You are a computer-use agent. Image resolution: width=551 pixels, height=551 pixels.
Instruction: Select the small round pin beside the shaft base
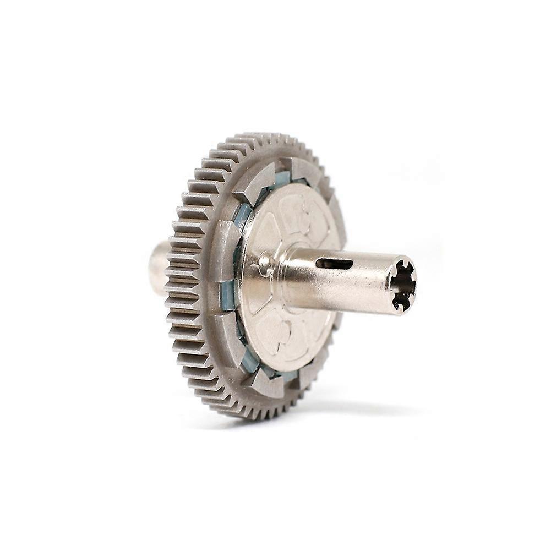coord(265,263)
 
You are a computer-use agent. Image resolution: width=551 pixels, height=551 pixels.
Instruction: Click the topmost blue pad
coord(282,177)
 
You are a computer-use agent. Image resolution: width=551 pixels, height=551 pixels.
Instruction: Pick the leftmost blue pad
coord(227,294)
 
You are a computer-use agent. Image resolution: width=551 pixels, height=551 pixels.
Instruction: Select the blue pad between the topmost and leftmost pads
coord(243,215)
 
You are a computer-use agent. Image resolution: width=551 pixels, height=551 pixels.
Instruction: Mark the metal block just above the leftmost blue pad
coord(224,248)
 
